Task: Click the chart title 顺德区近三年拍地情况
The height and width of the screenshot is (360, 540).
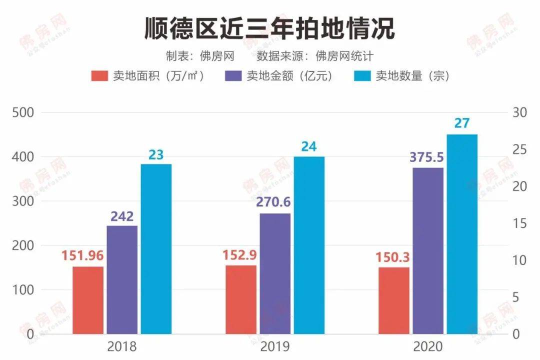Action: [269, 28]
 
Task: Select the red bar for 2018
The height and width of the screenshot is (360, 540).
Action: [88, 300]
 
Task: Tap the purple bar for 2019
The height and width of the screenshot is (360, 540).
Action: [274, 273]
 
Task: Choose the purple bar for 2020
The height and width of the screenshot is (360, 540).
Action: [427, 250]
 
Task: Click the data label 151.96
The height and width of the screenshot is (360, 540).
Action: [82, 255]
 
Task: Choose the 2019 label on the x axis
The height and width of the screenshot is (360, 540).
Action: [274, 346]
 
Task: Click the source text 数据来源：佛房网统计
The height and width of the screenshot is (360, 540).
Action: [315, 55]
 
